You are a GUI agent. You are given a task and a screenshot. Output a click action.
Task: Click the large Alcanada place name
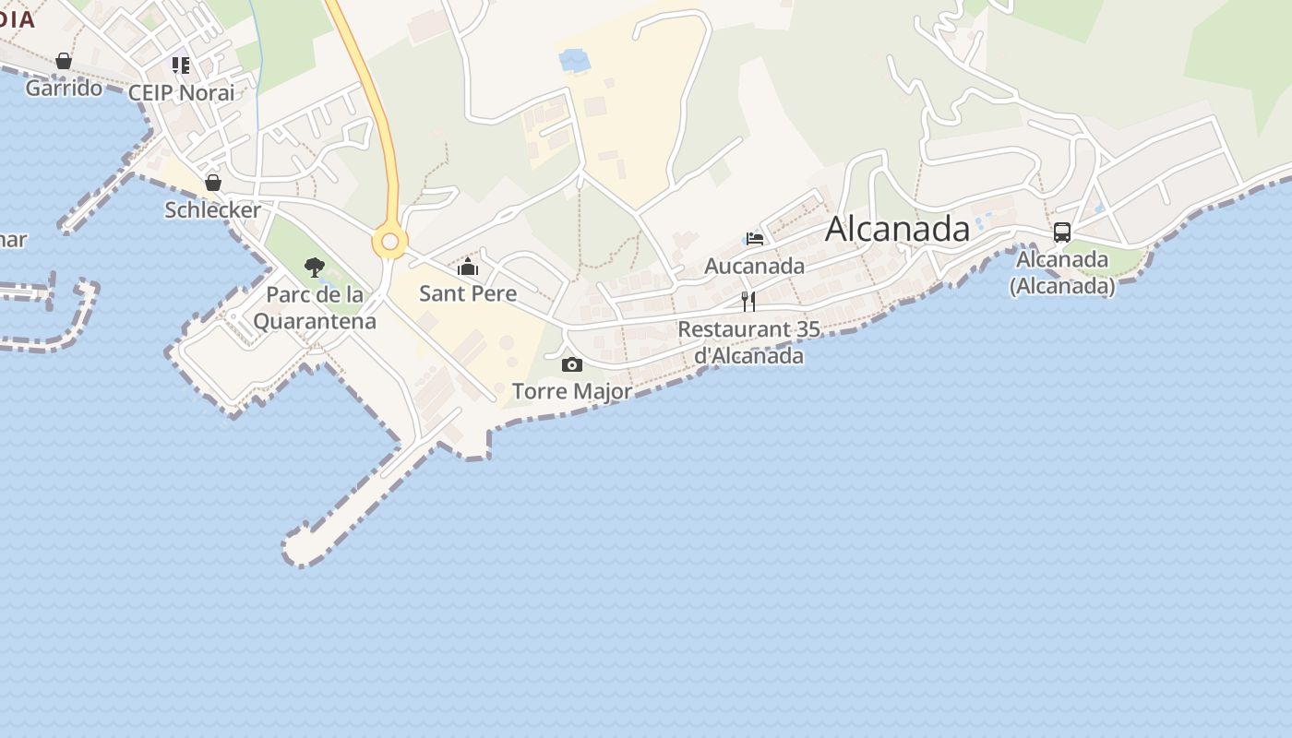pos(897,229)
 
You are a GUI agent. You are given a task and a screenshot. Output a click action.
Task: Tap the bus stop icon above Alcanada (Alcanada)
pos(1062,232)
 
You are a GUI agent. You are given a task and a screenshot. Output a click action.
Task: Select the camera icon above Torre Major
pos(572,364)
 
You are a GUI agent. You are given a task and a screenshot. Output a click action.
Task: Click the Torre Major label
pos(572,391)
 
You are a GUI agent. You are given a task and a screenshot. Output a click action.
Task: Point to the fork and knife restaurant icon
pos(748,301)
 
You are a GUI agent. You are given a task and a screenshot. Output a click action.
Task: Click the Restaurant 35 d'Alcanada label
pos(748,342)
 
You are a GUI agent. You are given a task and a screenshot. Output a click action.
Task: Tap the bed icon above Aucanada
pos(755,238)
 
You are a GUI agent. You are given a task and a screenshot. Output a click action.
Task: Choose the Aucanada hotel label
pos(754,266)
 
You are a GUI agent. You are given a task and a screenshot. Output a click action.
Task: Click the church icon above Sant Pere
pos(468,268)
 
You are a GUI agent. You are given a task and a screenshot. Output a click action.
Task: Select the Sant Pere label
pos(468,293)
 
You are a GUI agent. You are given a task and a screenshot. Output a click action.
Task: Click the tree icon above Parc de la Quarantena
pos(315,268)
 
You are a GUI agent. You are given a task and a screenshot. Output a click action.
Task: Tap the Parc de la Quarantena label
pos(315,308)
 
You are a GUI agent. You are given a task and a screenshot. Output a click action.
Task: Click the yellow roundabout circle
pos(389,242)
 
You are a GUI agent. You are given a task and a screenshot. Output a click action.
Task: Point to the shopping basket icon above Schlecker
pos(213,183)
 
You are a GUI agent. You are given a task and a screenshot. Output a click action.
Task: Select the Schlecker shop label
pos(212,209)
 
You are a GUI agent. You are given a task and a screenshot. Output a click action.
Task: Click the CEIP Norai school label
pos(181,92)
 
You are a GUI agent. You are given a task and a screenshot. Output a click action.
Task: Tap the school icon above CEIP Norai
pos(181,65)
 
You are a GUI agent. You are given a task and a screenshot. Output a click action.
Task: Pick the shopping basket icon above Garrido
pos(64,61)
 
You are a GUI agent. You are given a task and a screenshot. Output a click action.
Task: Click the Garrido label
pos(64,88)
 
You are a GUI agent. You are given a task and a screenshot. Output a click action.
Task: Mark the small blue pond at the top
pos(574,61)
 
